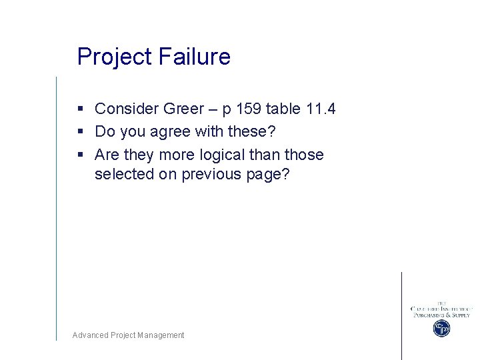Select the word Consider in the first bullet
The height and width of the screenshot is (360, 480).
(x=126, y=109)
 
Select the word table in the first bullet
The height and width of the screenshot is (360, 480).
(x=283, y=109)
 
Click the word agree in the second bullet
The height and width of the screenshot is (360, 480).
(x=170, y=132)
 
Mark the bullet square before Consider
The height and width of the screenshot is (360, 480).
(x=80, y=109)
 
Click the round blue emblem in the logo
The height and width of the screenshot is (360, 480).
(x=441, y=328)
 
